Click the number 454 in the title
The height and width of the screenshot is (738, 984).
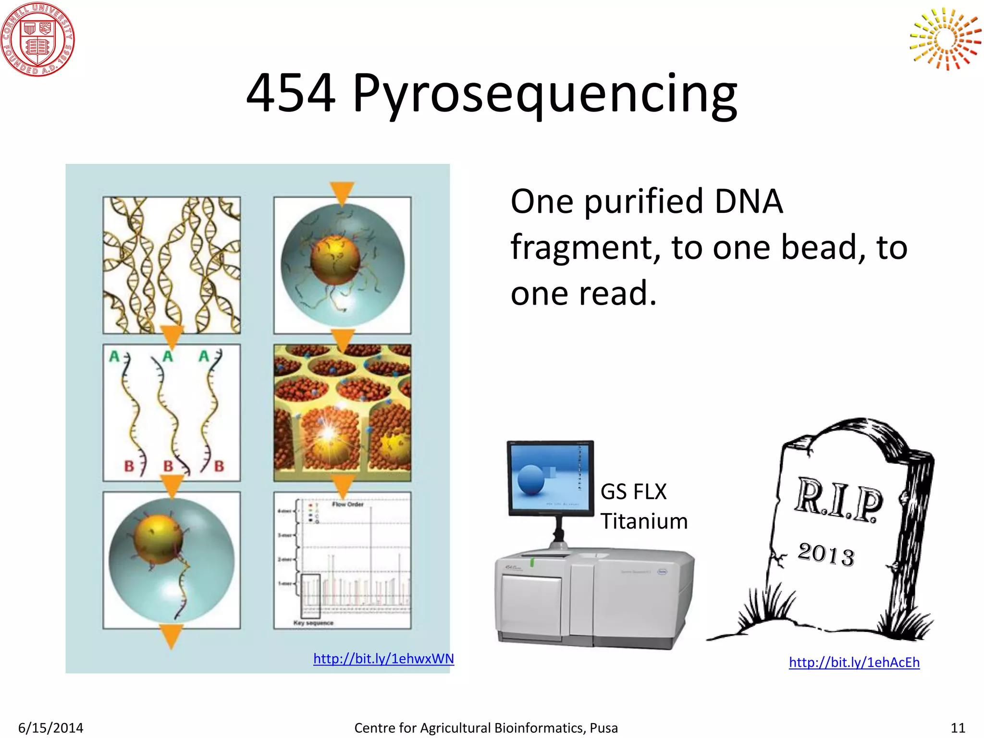coord(291,93)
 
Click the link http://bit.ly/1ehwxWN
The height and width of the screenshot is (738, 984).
coord(383,658)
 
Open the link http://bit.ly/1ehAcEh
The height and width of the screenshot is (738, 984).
coord(854,662)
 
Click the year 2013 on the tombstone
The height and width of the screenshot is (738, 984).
coord(826,554)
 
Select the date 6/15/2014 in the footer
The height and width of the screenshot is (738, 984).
coord(50,727)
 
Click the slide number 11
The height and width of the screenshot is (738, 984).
coord(958,727)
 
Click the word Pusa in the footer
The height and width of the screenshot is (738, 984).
coord(603,727)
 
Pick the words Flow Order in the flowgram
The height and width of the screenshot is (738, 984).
coord(347,504)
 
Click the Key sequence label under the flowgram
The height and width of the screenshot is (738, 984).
coord(313,623)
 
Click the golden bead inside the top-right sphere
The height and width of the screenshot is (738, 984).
coord(335,259)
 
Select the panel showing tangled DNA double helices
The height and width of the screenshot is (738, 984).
coord(172,265)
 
